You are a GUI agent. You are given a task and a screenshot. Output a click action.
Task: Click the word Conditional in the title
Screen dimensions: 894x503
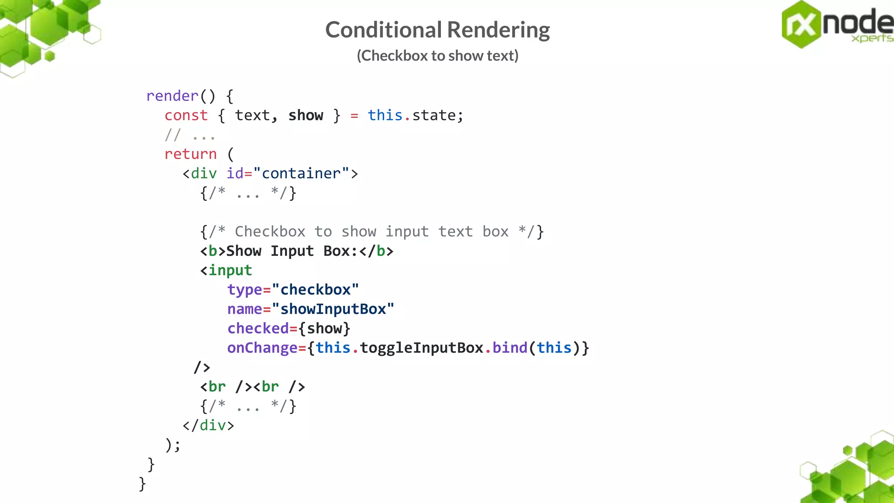pos(384,30)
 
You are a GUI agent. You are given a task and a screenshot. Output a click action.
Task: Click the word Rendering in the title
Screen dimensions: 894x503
pos(498,30)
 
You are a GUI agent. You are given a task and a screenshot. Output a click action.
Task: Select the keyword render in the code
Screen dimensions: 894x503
pos(172,96)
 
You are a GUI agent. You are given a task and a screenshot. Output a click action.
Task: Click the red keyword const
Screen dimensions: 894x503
pos(186,116)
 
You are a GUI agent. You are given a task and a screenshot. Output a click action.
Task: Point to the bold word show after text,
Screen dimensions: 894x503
pos(306,116)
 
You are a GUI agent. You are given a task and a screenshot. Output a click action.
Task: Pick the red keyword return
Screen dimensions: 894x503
pos(190,154)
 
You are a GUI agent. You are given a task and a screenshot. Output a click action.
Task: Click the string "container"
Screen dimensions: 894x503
pos(301,174)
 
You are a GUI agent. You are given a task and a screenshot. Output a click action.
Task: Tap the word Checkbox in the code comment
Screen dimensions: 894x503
pos(270,232)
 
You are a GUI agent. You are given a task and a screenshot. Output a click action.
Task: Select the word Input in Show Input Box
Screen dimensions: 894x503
pos(292,251)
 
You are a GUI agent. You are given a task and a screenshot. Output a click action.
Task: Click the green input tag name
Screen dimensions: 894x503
pos(230,271)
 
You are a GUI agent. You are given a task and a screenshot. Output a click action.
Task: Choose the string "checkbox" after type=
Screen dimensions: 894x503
pos(315,290)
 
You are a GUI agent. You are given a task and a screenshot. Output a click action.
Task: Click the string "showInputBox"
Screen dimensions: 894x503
pos(333,309)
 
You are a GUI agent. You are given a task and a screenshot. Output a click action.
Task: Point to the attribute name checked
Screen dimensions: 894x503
pos(258,329)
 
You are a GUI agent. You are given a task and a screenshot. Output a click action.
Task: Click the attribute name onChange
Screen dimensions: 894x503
pos(262,348)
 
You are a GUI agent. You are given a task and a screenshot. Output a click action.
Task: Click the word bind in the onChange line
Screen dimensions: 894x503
pos(510,348)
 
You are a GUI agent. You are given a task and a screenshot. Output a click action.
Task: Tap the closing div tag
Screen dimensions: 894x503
pos(208,425)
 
